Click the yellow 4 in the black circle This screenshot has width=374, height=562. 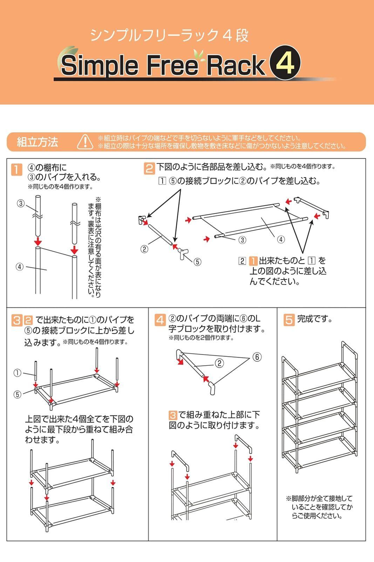[285, 63]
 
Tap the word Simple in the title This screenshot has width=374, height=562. [100, 66]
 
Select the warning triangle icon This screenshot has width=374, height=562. [85, 142]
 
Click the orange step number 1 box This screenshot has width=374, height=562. [16, 170]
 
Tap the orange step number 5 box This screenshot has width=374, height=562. [289, 320]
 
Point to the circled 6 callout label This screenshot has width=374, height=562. [257, 357]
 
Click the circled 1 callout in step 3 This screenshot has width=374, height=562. [17, 373]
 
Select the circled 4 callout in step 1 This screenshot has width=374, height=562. [20, 267]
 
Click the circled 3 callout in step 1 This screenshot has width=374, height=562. [21, 203]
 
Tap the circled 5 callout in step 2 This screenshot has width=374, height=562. [197, 262]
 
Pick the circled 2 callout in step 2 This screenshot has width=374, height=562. [144, 249]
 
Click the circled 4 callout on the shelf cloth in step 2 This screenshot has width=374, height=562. [281, 240]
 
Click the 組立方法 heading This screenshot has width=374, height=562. [37, 142]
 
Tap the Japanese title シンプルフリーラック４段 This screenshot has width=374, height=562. [169, 35]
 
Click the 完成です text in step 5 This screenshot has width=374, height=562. [314, 319]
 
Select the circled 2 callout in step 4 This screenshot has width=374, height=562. [219, 363]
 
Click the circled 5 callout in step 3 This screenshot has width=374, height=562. [17, 394]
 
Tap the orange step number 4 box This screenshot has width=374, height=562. [160, 320]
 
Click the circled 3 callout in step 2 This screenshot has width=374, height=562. [242, 240]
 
